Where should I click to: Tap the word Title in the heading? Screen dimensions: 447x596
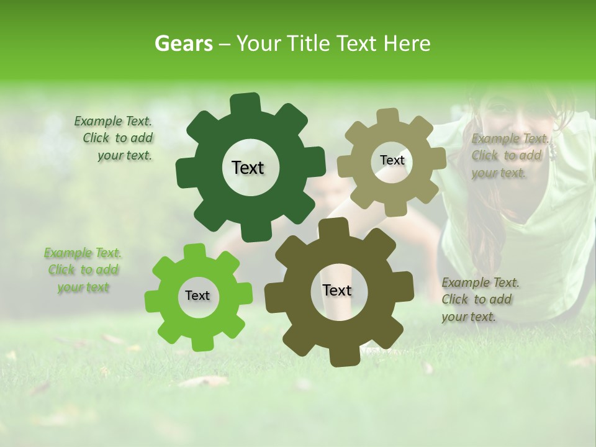pyautogui.click(x=311, y=43)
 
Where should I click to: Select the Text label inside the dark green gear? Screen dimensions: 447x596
pyautogui.click(x=248, y=168)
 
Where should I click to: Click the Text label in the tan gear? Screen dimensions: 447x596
pyautogui.click(x=392, y=160)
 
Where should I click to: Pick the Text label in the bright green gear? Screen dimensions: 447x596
pyautogui.click(x=197, y=296)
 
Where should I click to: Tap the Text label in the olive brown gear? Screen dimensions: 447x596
pyautogui.click(x=337, y=290)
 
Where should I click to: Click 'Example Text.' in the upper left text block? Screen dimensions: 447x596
pyautogui.click(x=113, y=122)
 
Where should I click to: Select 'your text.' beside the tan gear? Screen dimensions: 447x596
pyautogui.click(x=499, y=173)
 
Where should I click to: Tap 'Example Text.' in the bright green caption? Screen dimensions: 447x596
pyautogui.click(x=83, y=253)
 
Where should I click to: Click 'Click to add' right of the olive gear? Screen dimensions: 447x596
pyautogui.click(x=477, y=299)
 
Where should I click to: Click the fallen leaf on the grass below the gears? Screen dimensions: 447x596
pyautogui.click(x=205, y=381)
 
